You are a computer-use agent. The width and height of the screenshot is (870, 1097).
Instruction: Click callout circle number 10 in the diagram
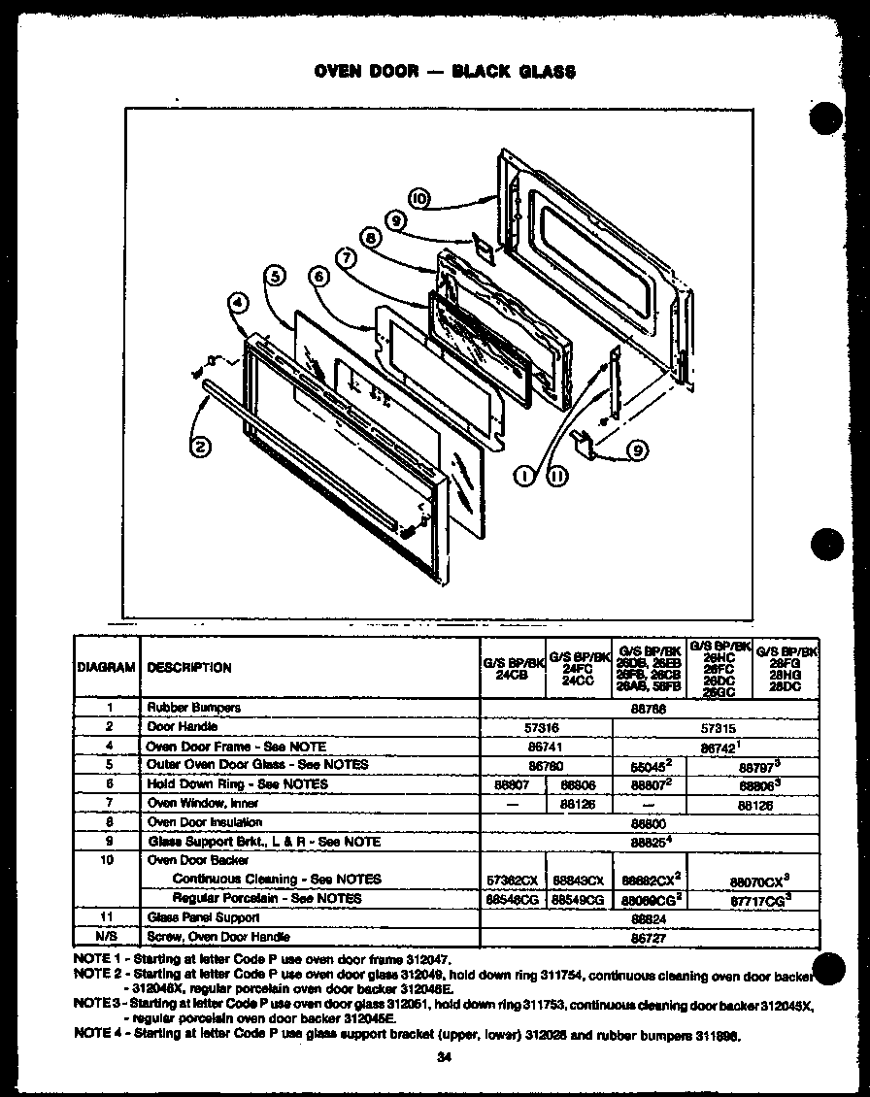click(419, 198)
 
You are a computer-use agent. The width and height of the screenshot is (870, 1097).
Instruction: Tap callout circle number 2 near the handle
click(201, 447)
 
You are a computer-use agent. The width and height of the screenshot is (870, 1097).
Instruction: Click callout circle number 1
click(525, 476)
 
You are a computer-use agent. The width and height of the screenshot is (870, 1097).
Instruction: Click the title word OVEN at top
click(341, 72)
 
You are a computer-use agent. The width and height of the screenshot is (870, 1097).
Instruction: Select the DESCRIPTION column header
click(188, 667)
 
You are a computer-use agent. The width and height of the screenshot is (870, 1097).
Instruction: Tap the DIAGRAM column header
click(105, 667)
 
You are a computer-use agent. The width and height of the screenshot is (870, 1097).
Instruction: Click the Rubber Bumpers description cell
click(194, 708)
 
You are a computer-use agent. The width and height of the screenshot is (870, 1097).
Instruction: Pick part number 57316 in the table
click(547, 726)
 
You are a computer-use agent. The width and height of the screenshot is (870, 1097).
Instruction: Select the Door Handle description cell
click(182, 726)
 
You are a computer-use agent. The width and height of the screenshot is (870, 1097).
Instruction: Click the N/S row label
click(110, 937)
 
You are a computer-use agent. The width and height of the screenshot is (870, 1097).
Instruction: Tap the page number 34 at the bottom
click(444, 1057)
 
